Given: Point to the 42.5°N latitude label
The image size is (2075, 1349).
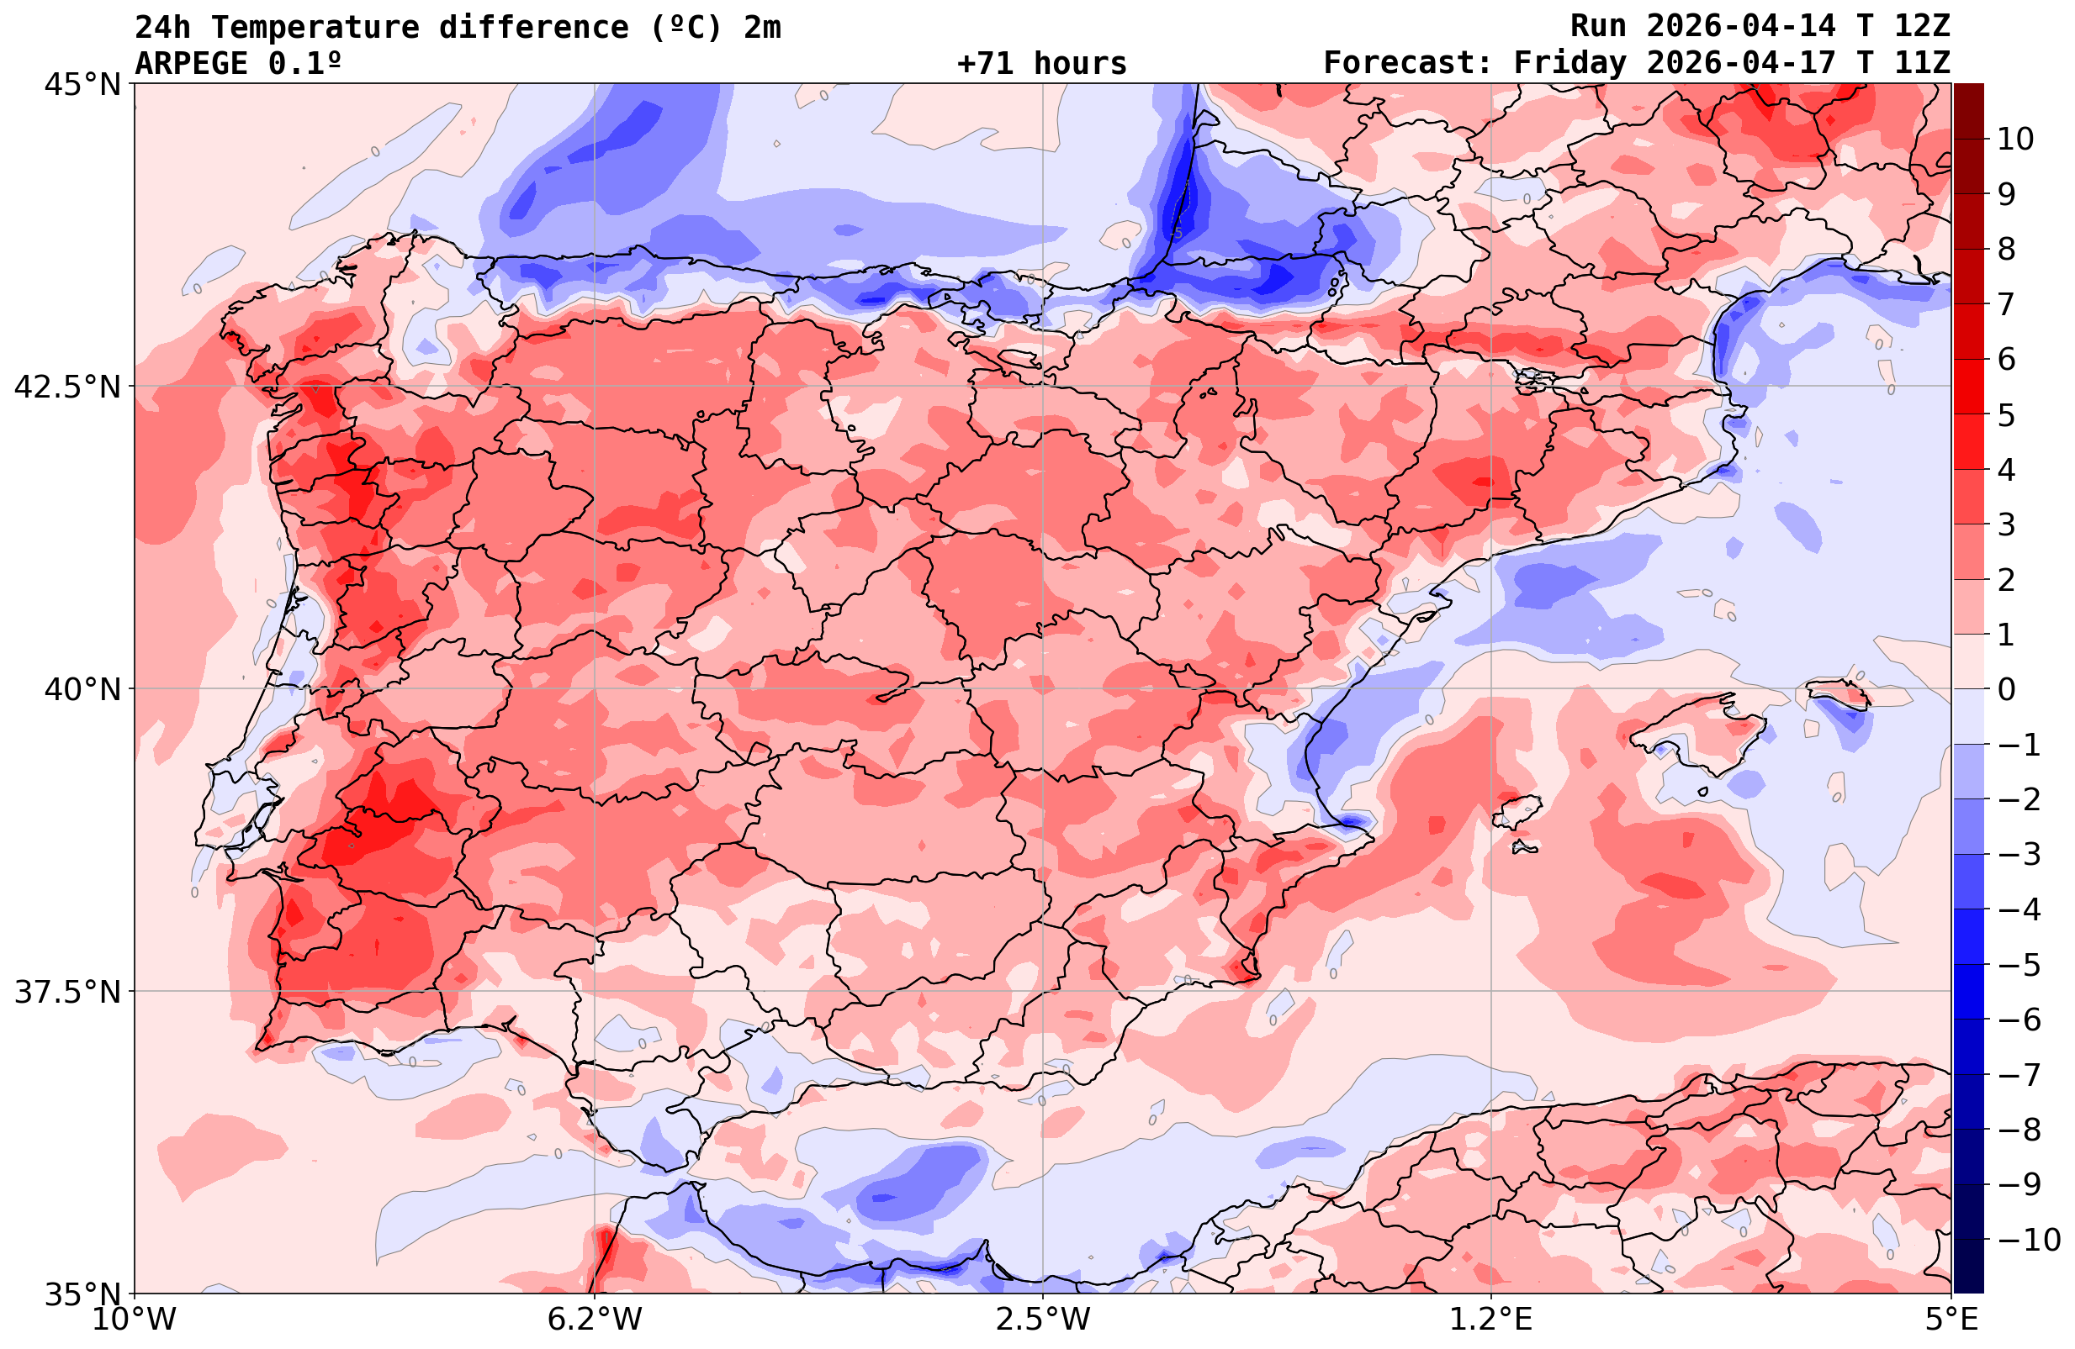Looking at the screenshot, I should (67, 387).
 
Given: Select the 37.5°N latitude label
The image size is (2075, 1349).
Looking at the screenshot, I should (67, 992).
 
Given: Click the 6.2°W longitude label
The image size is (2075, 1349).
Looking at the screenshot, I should (595, 1320).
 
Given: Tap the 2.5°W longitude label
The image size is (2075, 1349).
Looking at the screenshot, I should (1043, 1320).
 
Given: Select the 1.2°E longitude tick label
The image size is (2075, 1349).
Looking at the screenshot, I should (1491, 1320).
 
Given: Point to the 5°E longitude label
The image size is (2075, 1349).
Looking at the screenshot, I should (1951, 1320).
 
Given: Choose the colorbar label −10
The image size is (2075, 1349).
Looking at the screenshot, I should (2028, 1239).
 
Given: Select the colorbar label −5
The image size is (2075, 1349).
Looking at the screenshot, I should (2019, 966).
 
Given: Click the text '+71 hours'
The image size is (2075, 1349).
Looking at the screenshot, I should (1042, 64).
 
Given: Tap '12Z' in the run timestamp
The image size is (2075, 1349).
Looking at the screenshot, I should (1922, 26).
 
